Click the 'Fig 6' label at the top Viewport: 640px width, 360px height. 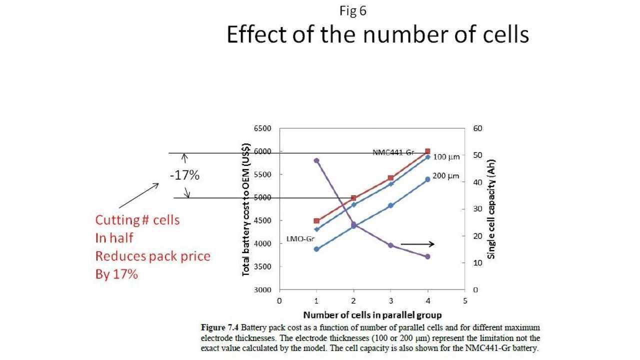353,11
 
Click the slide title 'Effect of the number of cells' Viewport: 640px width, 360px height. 377,35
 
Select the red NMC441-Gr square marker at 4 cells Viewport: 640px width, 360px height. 427,151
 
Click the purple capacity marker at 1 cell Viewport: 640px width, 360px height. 316,160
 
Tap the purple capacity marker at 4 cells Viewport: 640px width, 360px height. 427,256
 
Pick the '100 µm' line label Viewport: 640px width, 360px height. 446,157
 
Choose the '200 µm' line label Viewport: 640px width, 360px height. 446,176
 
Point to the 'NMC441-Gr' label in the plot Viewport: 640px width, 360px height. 393,152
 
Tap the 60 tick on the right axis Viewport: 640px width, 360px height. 478,128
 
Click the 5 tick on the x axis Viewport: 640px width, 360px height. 465,301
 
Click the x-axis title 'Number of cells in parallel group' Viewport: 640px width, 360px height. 372,315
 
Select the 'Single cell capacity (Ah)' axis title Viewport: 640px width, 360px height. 491,209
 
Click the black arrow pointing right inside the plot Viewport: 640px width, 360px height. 417,244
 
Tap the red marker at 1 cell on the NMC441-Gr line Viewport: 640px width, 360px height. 316,220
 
